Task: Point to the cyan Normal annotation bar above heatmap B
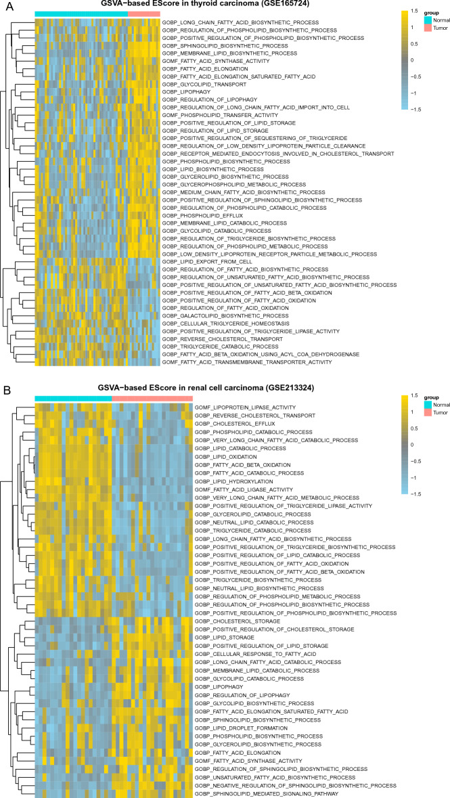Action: click(73, 397)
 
